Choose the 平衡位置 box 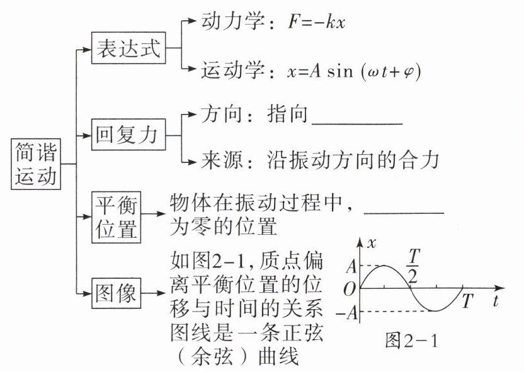(x=116, y=217)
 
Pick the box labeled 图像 (x=116, y=291)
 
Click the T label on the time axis (x=467, y=300)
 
